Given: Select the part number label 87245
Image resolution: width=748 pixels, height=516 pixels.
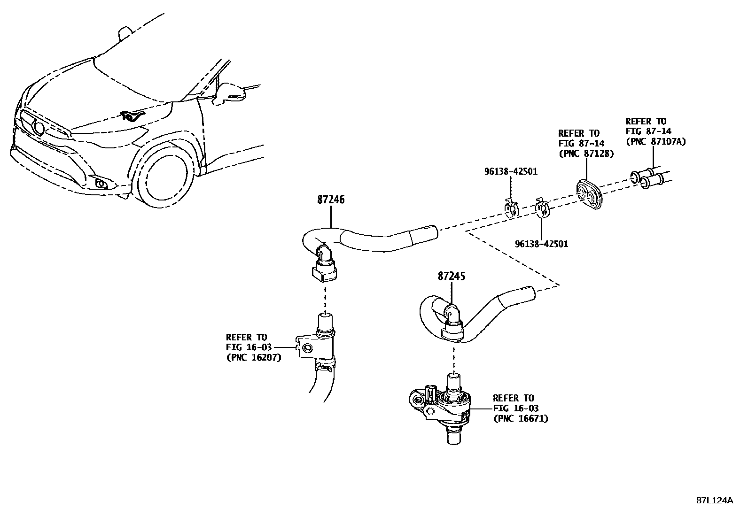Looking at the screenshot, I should coord(451,277).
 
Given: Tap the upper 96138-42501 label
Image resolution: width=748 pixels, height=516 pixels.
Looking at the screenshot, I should coord(511,172).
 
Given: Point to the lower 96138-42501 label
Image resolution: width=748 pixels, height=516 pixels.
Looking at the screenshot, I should coord(541,244).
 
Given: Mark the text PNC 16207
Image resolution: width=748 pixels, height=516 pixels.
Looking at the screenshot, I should coord(253,357).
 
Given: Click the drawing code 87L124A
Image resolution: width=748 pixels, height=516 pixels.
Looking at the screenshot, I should coord(714,501).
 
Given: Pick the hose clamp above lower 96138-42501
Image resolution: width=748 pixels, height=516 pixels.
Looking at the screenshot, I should coord(542,210).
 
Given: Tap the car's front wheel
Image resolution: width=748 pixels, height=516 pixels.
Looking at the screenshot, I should coord(164,177).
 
